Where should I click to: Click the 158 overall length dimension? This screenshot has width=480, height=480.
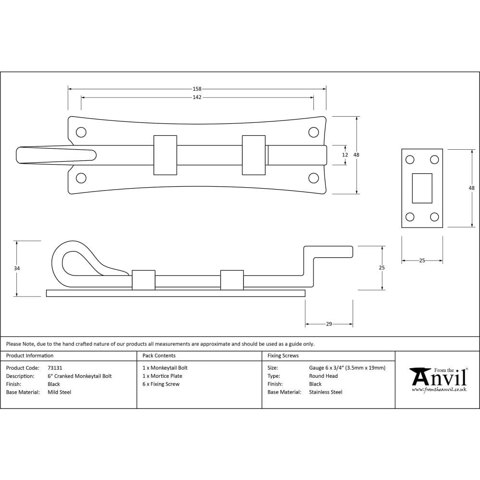pos(197,89)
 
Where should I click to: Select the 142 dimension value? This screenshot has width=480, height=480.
pos(197,97)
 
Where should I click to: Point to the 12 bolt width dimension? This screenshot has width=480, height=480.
pos(345,155)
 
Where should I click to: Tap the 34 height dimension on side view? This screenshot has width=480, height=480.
pos(17,268)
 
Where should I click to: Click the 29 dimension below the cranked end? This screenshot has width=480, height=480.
pos(329,324)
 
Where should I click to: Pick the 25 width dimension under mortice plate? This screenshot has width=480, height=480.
pos(422,261)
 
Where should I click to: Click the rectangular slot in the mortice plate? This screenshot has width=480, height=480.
pos(422,188)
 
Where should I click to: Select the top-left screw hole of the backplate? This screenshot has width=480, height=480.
pos(81,132)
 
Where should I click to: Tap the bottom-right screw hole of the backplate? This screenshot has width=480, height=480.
pos(313,178)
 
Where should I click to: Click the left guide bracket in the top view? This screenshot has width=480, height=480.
pos(165,155)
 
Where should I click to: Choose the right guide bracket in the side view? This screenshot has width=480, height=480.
pos(232,280)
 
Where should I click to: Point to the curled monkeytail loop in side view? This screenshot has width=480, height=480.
pos(72,259)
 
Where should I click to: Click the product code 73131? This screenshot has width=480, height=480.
pos(55,368)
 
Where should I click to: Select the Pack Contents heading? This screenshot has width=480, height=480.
pos(159,356)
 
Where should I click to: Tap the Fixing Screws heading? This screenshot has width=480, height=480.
pos(283,356)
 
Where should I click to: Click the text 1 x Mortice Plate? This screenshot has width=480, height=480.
pos(162,376)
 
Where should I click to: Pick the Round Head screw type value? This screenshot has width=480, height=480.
pos(323,376)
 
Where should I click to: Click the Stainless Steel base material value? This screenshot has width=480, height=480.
pos(325,392)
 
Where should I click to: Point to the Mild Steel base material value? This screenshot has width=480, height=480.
pos(60,392)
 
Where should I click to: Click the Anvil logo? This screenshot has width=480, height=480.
pos(438,379)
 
